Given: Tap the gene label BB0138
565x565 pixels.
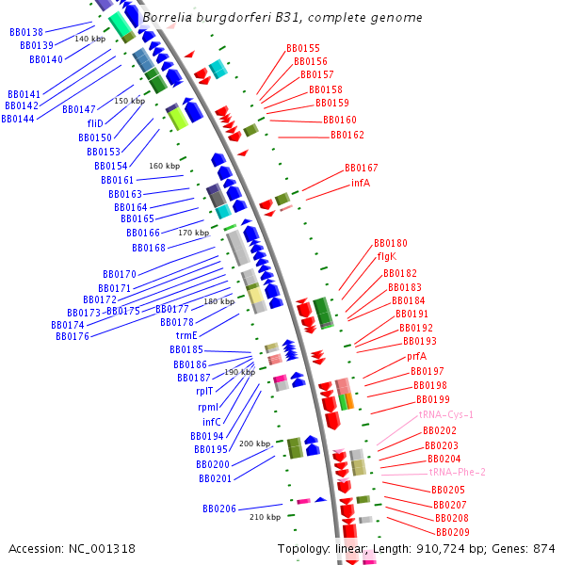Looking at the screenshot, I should click(26, 32).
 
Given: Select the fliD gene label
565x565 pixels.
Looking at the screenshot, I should click(95, 123).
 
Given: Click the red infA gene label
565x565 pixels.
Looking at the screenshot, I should click(360, 183).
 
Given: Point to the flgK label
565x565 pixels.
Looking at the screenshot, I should click(386, 256).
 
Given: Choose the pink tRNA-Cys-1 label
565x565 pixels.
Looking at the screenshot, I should click(446, 414).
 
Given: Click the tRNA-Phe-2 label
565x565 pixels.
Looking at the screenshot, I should click(458, 472).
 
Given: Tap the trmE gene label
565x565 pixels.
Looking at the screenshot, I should click(186, 335).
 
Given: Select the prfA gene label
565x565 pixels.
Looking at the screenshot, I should click(416, 357).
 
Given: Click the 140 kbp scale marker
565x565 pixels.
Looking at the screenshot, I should click(90, 39).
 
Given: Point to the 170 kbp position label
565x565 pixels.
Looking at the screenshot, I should click(194, 233).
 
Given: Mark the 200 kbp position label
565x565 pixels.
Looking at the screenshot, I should click(254, 444).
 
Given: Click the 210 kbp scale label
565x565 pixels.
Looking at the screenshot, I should click(265, 517).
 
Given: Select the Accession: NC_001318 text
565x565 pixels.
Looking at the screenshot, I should click(72, 548).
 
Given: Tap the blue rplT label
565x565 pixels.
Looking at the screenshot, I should click(205, 391).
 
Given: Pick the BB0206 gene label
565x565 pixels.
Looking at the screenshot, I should click(219, 508).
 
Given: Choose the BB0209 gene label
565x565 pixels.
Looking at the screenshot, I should click(452, 532).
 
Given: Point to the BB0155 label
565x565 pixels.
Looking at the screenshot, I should click(303, 48).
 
